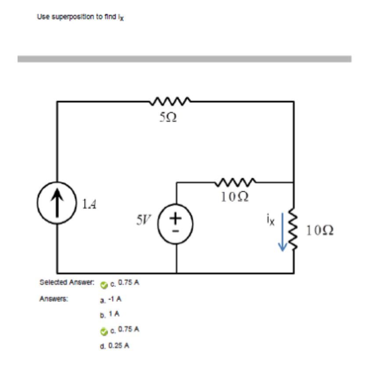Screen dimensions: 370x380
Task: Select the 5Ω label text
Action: click(168, 117)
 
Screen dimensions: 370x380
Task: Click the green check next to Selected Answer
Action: click(103, 285)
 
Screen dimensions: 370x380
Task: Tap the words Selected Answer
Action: click(66, 283)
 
